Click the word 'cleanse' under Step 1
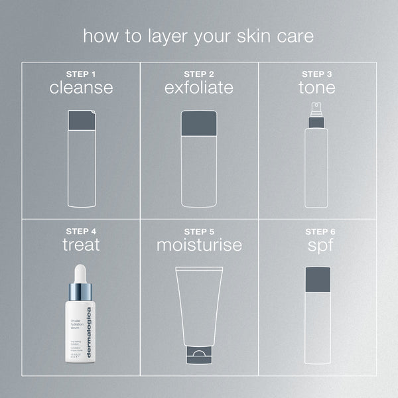81,88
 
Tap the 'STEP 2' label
199,73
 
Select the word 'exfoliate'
199,88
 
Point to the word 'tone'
316,88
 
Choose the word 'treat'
81,245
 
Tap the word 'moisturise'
199,245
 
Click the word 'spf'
316,245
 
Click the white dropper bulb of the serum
80,273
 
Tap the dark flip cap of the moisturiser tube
199,354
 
